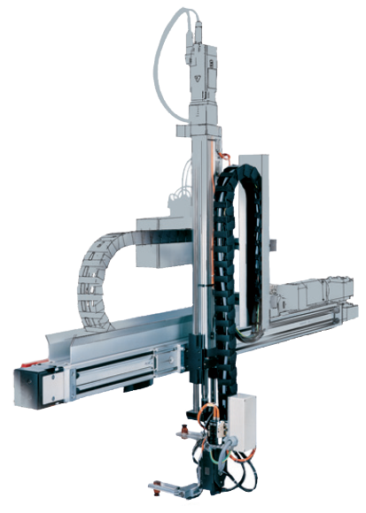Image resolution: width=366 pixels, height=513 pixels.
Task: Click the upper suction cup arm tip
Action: pos(182,433)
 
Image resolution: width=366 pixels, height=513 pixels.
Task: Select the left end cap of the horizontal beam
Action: pos(26,387)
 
